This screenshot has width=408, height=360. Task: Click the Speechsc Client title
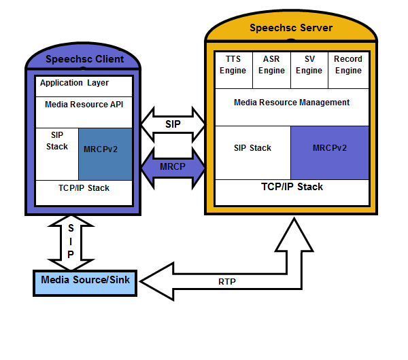(84, 59)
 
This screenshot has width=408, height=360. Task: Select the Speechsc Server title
(290, 28)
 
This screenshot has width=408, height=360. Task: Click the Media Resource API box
(84, 105)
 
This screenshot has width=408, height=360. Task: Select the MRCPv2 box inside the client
(104, 149)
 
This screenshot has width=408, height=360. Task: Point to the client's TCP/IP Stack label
(84, 187)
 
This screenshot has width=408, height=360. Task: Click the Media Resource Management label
(292, 103)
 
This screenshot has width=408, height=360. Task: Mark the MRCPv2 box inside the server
(330, 147)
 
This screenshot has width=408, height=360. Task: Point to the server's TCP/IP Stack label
(292, 187)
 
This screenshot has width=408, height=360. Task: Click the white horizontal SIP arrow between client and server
(173, 124)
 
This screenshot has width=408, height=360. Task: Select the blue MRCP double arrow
(173, 166)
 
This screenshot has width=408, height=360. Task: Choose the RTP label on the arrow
(227, 281)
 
